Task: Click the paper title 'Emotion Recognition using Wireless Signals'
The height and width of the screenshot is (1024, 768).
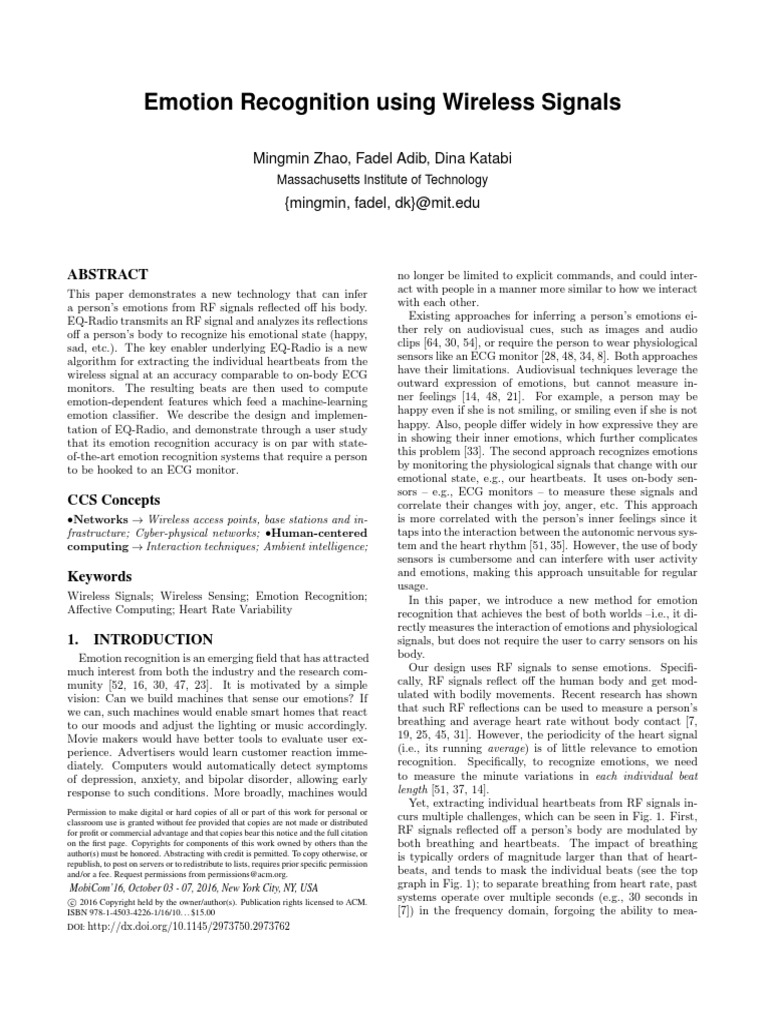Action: click(383, 102)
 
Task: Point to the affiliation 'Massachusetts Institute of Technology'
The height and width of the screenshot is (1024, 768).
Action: click(383, 180)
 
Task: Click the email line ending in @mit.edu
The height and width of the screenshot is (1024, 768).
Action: click(383, 206)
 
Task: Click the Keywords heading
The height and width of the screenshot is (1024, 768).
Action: click(99, 577)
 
